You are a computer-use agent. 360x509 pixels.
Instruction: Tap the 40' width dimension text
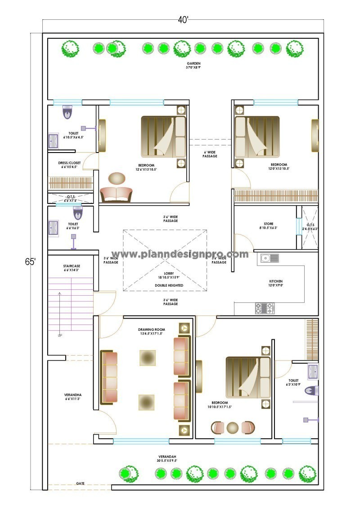pyautogui.click(x=183, y=20)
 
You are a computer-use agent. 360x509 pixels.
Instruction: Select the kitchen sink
pyautogui.click(x=268, y=258)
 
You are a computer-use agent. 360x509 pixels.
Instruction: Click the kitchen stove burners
pyautogui.click(x=265, y=308)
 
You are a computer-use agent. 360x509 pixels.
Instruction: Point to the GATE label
pyautogui.click(x=80, y=483)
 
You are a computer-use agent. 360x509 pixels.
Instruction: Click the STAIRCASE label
pyautogui.click(x=72, y=266)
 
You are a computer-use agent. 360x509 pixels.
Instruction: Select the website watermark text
pyautogui.click(x=180, y=254)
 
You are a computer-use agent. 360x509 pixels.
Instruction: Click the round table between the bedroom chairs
pyautogui.click(x=233, y=427)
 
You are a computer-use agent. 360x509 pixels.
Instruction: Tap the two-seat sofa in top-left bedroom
pyautogui.click(x=116, y=194)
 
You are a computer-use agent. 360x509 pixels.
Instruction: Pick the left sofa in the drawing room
pyautogui.click(x=109, y=377)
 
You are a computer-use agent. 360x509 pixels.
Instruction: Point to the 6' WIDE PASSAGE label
pyautogui.click(x=210, y=154)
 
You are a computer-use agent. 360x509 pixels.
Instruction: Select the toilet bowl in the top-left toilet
pyautogui.click(x=67, y=112)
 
